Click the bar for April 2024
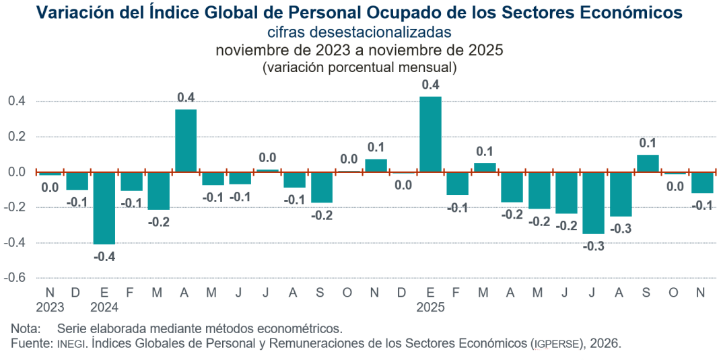186,141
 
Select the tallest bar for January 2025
430,135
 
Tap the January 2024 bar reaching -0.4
104,208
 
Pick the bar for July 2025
594,203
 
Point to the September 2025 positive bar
648,164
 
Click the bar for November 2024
376,166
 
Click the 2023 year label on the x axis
50,307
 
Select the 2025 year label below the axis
430,307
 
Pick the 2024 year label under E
104,307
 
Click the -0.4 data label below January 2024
104,256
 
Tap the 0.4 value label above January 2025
430,85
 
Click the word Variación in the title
72,12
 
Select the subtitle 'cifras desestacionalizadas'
359,32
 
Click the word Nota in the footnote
25,329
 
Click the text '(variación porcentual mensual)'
359,67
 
